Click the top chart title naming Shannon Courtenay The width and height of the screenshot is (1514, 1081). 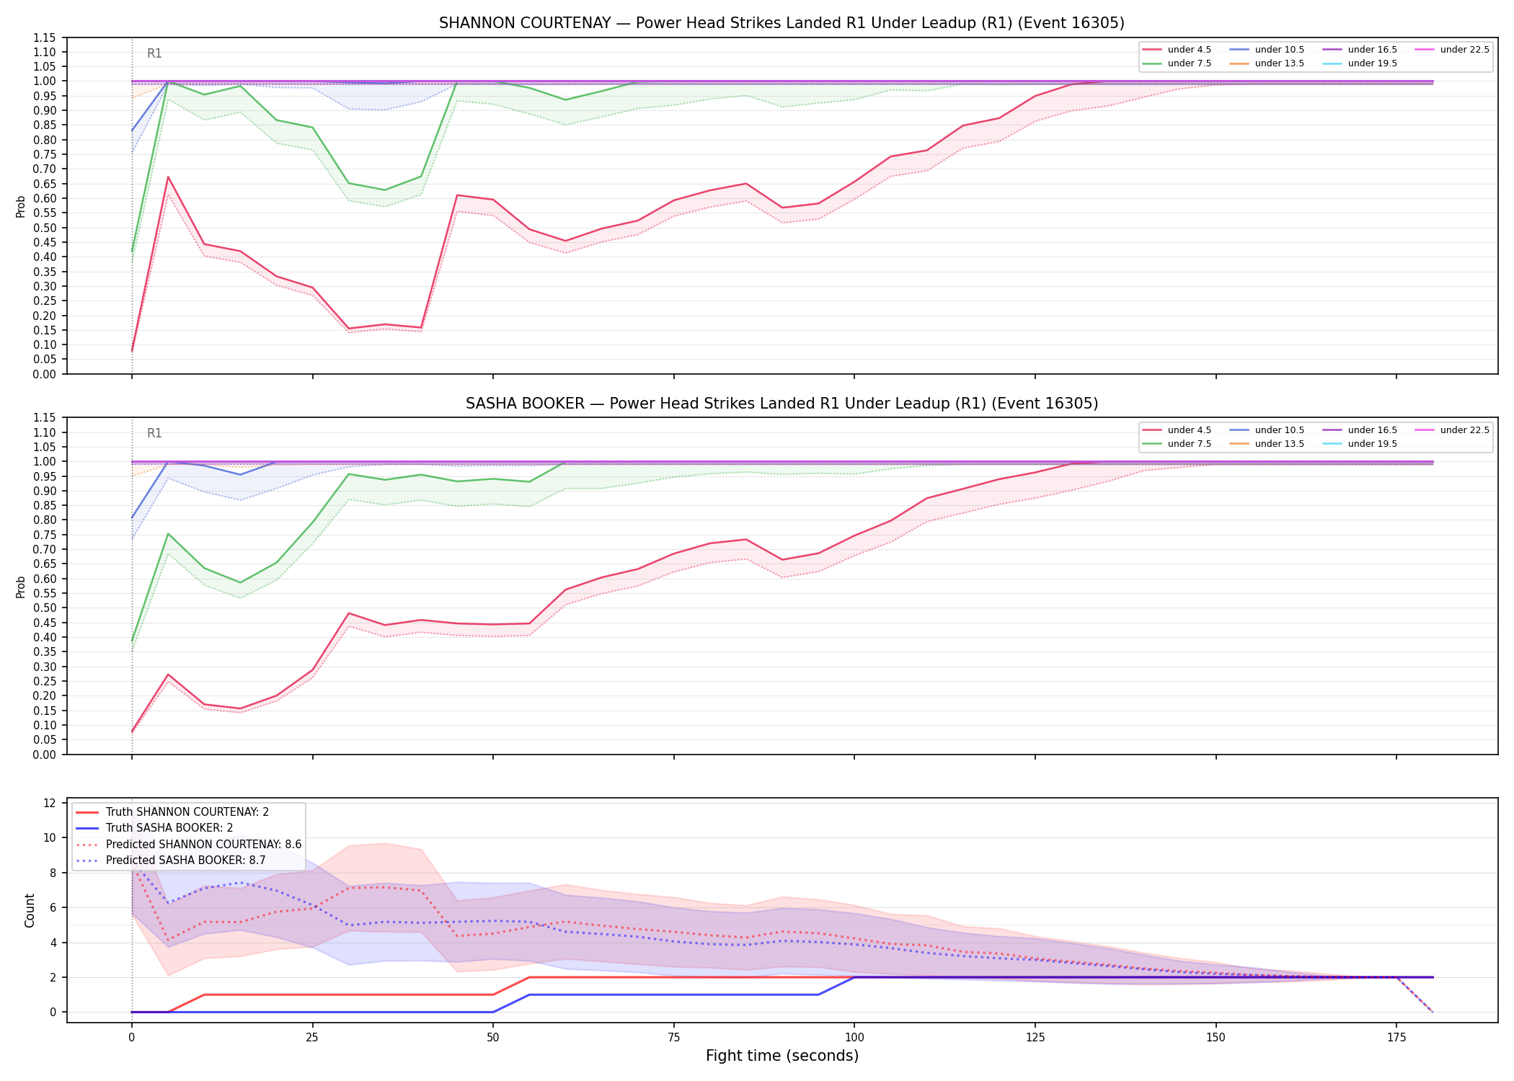click(782, 23)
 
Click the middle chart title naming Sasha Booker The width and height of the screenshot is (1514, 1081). click(782, 404)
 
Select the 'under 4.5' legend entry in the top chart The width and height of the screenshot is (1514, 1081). click(1177, 50)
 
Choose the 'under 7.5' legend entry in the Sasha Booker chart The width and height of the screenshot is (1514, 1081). click(1177, 444)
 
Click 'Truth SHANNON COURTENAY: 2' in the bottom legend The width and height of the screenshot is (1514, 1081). click(172, 812)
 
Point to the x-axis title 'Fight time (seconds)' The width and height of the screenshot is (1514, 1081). click(782, 1056)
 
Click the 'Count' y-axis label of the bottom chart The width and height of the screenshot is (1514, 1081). click(30, 910)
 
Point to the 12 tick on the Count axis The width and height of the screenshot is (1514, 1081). click(50, 803)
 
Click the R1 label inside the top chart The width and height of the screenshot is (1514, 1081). click(154, 53)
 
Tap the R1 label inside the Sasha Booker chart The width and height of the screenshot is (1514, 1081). click(154, 433)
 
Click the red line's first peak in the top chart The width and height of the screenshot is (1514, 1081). click(168, 177)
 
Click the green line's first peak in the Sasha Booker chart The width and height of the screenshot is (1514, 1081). click(168, 534)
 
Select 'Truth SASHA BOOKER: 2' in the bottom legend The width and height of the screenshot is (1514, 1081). click(169, 828)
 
